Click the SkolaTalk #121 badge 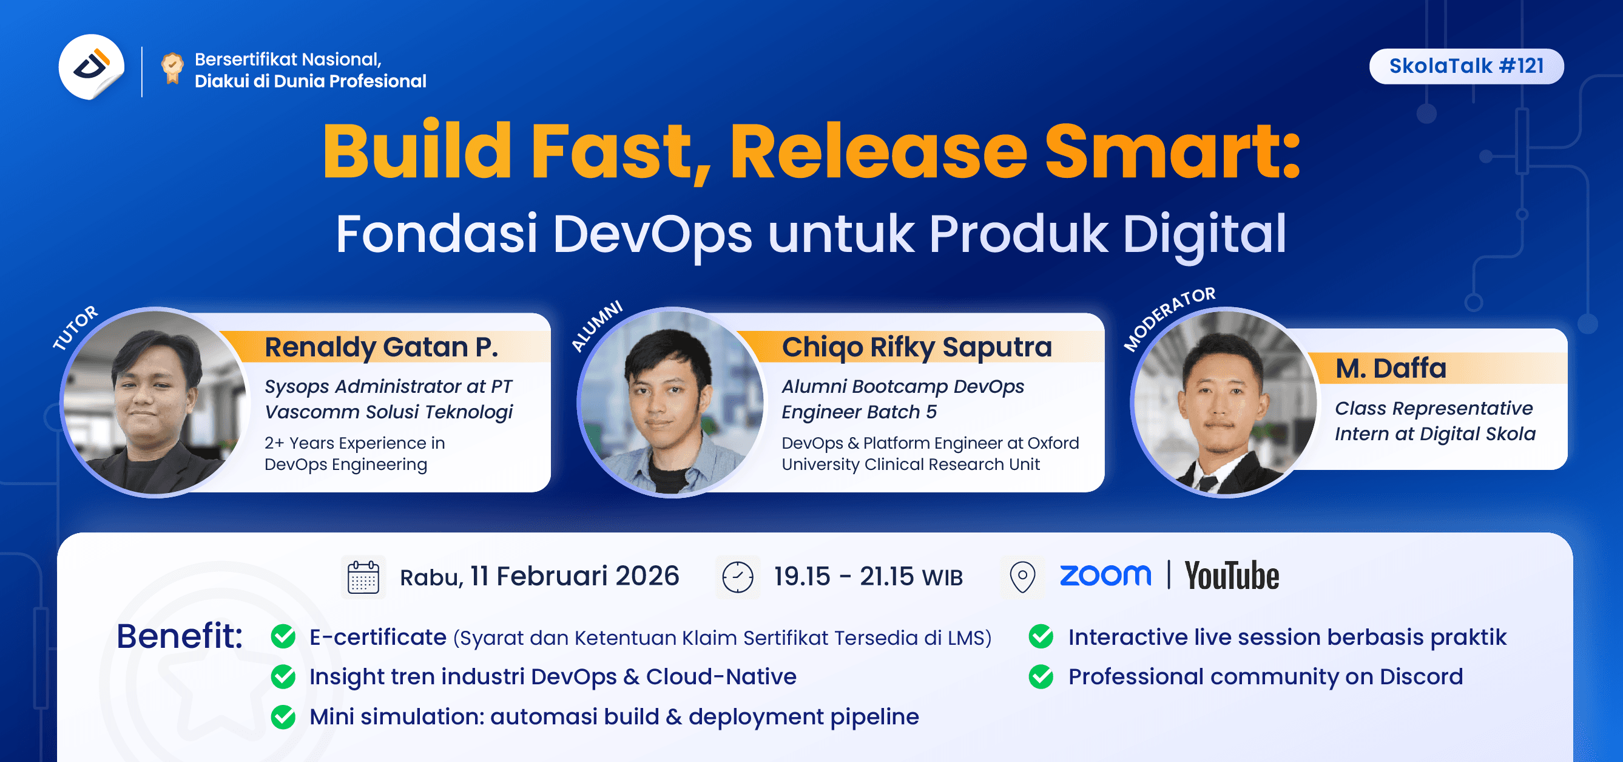tap(1465, 66)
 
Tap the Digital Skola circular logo tap(92, 67)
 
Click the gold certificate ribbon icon tap(172, 68)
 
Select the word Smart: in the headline tap(1172, 152)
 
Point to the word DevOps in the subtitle tap(652, 234)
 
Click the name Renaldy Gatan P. tap(380, 347)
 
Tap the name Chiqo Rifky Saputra tap(916, 347)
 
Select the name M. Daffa tap(1391, 369)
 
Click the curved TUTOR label tap(75, 328)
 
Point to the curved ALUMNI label tap(596, 326)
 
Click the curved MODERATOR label tap(1169, 318)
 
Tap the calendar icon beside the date tap(363, 577)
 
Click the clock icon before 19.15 tap(737, 577)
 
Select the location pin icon tap(1022, 577)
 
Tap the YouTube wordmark tap(1231, 576)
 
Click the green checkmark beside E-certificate tap(283, 636)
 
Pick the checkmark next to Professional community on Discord tap(1041, 676)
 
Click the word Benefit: tap(180, 636)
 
